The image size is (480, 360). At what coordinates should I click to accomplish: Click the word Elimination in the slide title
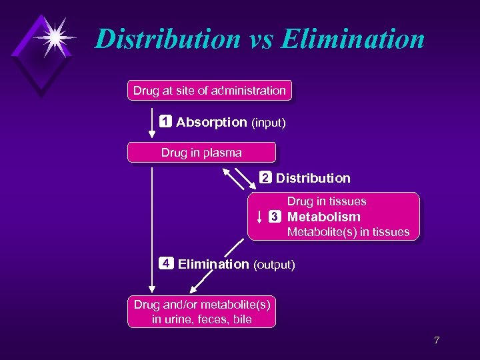[x=353, y=39]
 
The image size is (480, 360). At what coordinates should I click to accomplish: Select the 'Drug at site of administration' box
[x=209, y=91]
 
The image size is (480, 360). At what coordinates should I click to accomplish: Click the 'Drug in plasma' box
[x=201, y=153]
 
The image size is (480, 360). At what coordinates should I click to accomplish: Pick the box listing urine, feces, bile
[x=201, y=312]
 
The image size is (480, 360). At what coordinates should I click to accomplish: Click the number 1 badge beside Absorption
[x=165, y=122]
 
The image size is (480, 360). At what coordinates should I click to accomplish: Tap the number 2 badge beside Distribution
[x=265, y=178]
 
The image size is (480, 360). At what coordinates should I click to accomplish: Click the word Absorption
[x=211, y=123]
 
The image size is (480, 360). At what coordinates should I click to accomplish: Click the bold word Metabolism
[x=323, y=217]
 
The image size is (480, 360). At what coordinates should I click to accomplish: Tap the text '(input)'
[x=269, y=123]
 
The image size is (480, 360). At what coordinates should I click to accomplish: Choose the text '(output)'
[x=273, y=265]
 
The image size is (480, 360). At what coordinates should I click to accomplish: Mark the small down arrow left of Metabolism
[x=259, y=217]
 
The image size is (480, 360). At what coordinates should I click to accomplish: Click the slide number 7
[x=437, y=341]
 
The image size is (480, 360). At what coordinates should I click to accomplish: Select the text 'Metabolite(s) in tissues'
[x=347, y=232]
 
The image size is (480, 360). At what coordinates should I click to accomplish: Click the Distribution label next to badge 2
[x=313, y=178]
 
